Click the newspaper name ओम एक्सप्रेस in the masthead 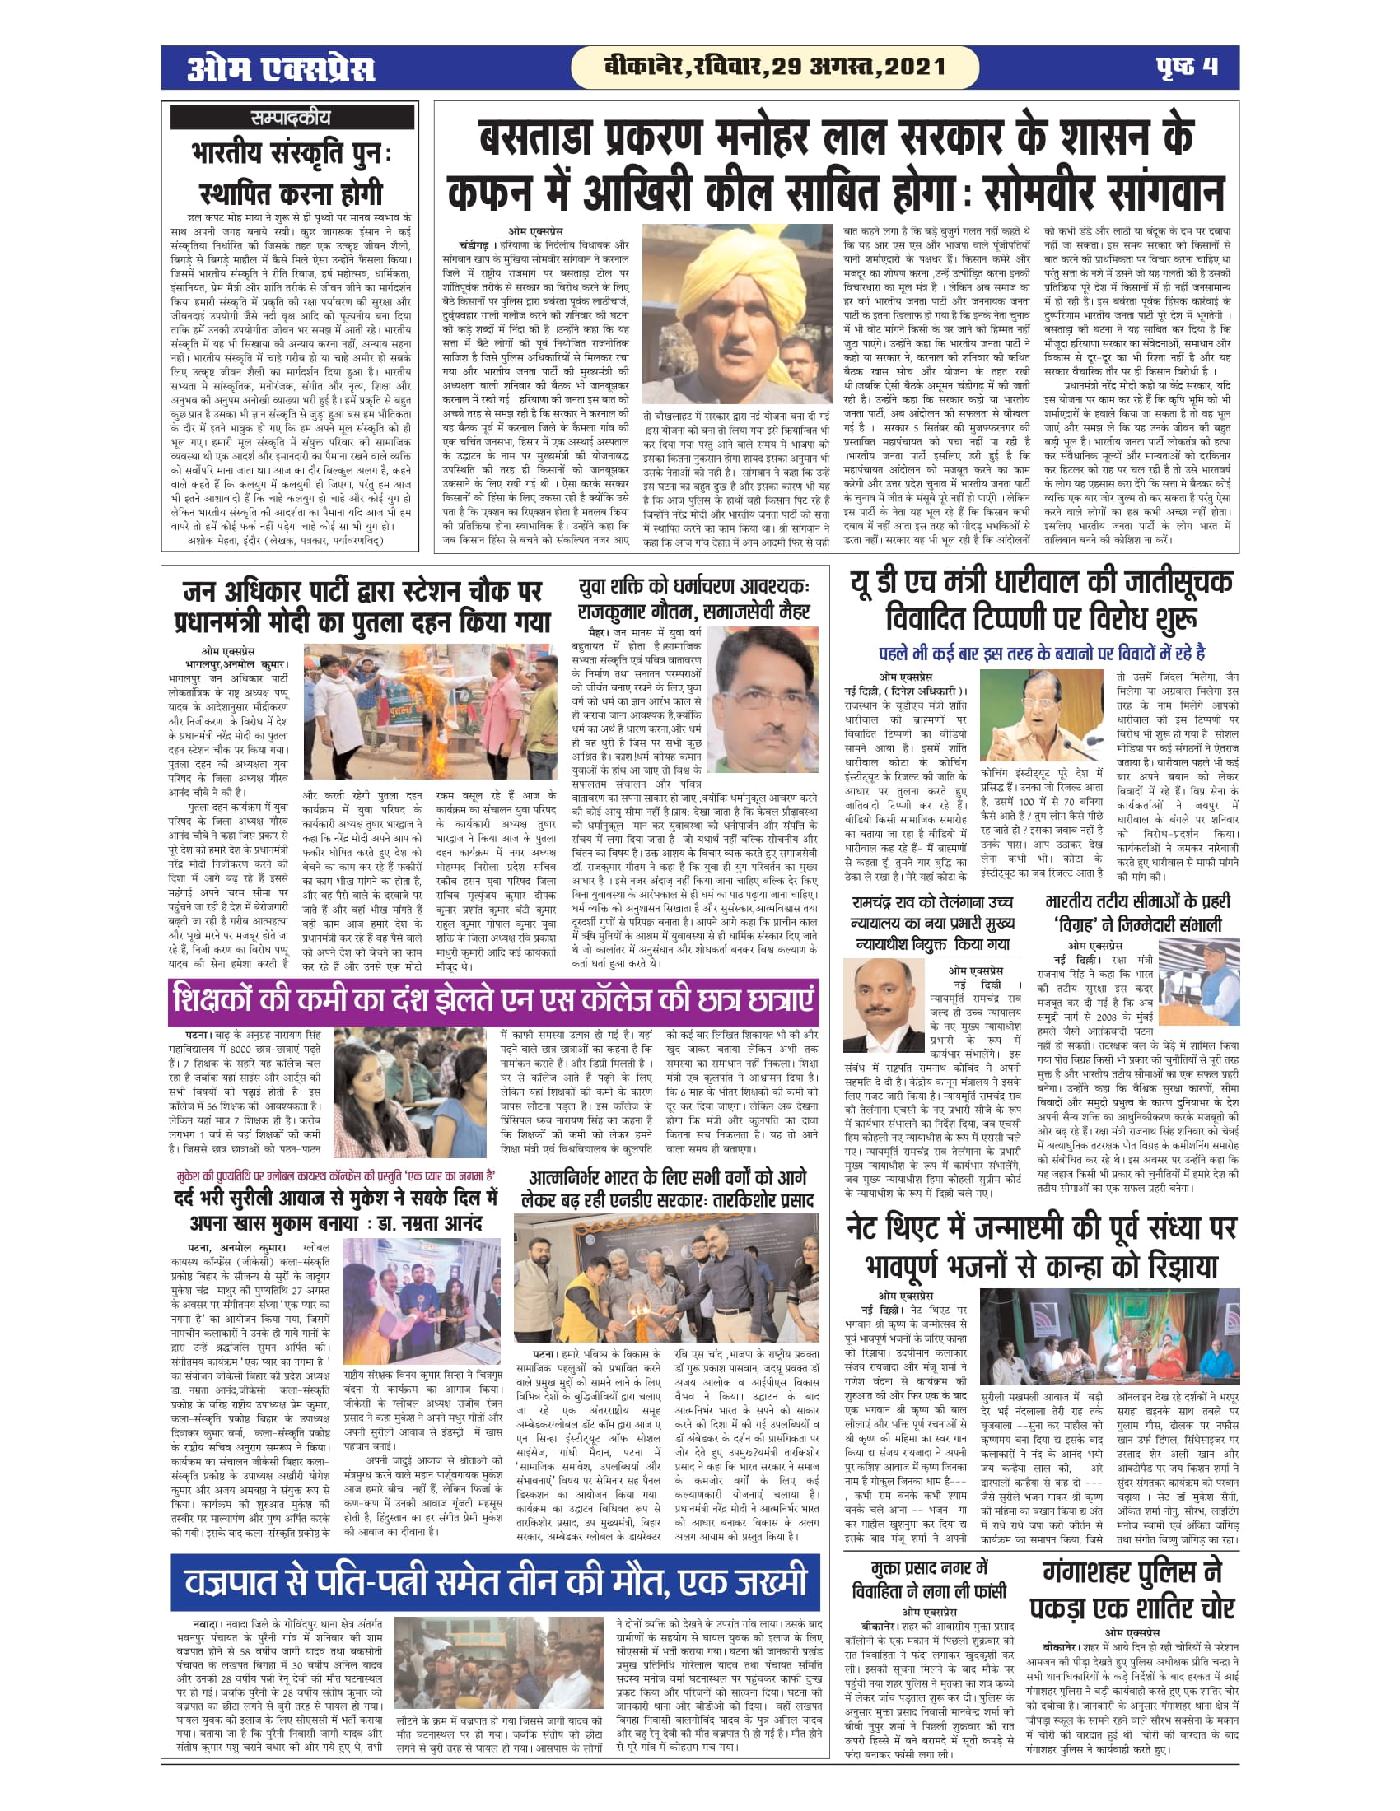click(x=281, y=68)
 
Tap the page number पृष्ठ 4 click(x=1187, y=68)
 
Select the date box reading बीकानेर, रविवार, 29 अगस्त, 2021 click(x=775, y=68)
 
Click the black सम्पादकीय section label click(x=291, y=118)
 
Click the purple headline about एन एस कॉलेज click(x=493, y=1001)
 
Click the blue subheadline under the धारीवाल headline click(x=1042, y=654)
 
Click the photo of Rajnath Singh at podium click(x=1198, y=983)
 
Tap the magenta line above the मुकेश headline click(x=336, y=1176)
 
